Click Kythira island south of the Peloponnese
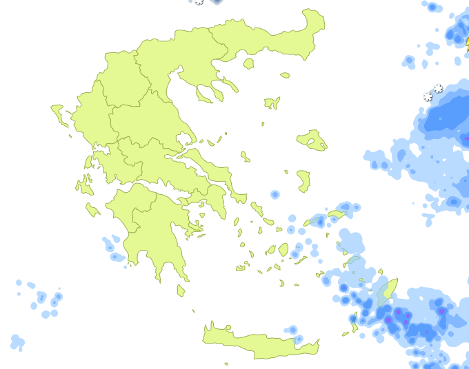[181, 291]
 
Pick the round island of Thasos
[248, 64]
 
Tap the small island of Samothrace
[285, 75]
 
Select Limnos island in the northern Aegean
[272, 103]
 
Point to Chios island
[303, 182]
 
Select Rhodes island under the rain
[387, 292]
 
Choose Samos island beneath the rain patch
[337, 214]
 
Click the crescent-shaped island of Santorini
[281, 283]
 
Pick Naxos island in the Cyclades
[283, 249]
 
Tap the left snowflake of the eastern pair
[428, 97]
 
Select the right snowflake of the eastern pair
[438, 89]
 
